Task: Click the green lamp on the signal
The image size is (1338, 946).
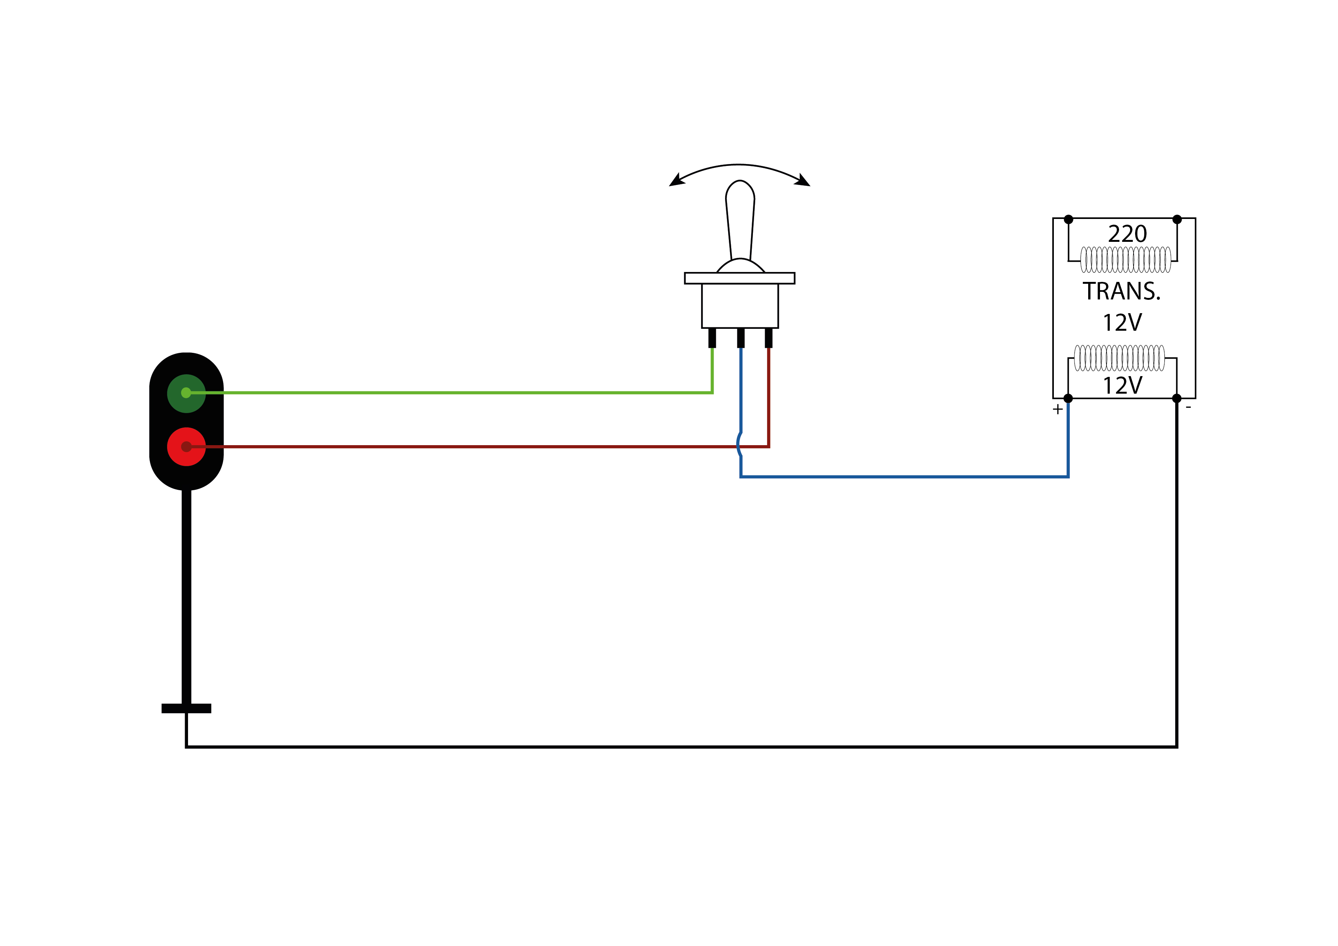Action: coord(187,393)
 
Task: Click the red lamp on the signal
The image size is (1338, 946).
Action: coord(187,447)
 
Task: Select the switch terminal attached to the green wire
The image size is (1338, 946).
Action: coord(712,338)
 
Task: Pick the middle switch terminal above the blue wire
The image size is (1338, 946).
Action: coord(741,338)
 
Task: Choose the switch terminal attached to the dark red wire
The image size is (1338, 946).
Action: coord(769,338)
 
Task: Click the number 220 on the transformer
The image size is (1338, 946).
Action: coord(1127,234)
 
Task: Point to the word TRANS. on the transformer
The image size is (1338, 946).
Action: coord(1122,291)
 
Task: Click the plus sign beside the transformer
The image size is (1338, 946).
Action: coord(1058,409)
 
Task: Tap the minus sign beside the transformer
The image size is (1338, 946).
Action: coord(1188,407)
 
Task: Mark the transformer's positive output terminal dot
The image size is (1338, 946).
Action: coord(1068,399)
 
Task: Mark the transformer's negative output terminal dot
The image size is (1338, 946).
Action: coord(1177,399)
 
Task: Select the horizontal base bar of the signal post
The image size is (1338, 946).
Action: coord(187,708)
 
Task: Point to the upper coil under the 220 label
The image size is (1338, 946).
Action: coord(1126,260)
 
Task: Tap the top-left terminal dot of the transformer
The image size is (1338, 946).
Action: coord(1068,220)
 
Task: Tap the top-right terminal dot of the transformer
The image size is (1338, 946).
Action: coord(1177,220)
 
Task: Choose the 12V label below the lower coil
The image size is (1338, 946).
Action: coord(1123,385)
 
